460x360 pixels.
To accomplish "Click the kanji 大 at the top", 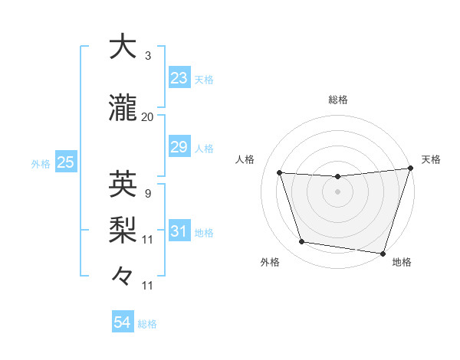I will pos(123,47).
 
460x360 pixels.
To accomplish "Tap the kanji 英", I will pos(123,185).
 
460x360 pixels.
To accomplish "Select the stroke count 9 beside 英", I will pos(147,193).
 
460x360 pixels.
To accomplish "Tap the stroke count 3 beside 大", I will pos(147,56).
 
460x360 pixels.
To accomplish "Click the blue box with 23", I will pos(179,77).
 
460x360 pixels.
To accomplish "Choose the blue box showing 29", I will pos(179,147).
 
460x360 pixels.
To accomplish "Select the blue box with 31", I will pos(179,231).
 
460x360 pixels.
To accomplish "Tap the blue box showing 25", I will pos(66,162).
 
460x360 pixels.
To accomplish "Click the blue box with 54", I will pos(123,322).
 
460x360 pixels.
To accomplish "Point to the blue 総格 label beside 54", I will pos(148,324).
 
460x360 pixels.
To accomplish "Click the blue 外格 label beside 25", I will pos(41,163).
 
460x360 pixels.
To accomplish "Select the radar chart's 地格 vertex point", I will pos(383,253).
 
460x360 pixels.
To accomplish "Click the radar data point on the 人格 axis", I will pos(280,173).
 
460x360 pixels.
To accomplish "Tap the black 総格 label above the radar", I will pos(338,100).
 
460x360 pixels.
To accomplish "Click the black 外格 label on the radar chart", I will pos(270,262).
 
